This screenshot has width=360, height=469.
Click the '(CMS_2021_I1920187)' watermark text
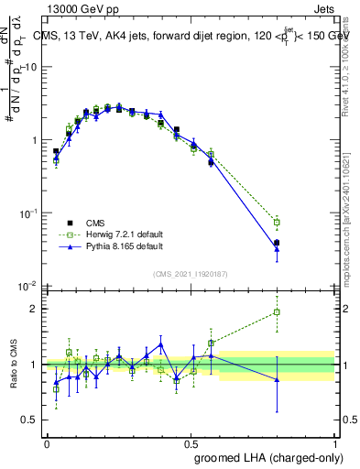[191, 273]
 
